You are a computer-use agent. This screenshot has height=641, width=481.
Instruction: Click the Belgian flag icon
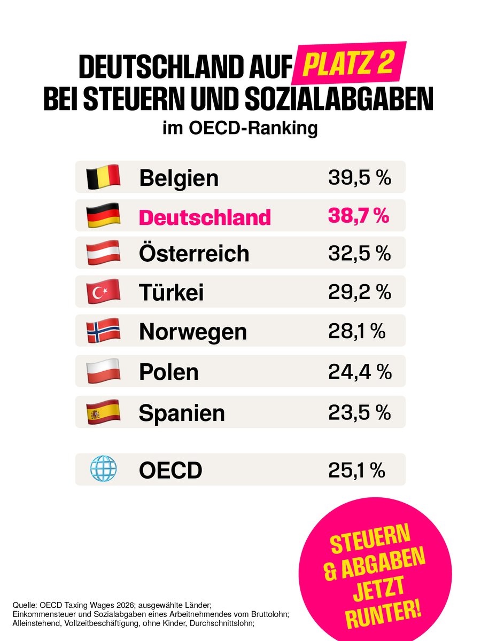coord(103,177)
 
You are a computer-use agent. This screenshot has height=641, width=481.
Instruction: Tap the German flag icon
coord(103,216)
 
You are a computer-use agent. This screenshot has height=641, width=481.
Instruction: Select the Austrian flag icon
coord(103,253)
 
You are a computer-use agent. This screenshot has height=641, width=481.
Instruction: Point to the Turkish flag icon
coord(103,292)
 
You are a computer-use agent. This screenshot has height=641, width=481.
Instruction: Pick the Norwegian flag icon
coord(103,331)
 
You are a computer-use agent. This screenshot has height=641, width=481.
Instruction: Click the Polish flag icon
coord(103,371)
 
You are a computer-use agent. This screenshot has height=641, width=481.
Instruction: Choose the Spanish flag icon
coord(103,412)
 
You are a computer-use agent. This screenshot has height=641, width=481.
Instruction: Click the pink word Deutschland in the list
coord(205,217)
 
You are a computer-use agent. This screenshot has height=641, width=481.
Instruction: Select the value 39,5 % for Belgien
coord(360,178)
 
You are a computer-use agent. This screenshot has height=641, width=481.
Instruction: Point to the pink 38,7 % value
coord(359,216)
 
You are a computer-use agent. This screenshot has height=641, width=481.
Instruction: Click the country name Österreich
coord(194,253)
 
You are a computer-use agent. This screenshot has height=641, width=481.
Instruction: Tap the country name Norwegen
coord(193,332)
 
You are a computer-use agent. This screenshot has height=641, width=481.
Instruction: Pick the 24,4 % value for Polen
coord(360,372)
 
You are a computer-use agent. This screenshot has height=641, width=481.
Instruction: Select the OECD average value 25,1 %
coord(356,471)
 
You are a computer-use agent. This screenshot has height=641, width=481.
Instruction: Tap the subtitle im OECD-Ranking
coord(240,129)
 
